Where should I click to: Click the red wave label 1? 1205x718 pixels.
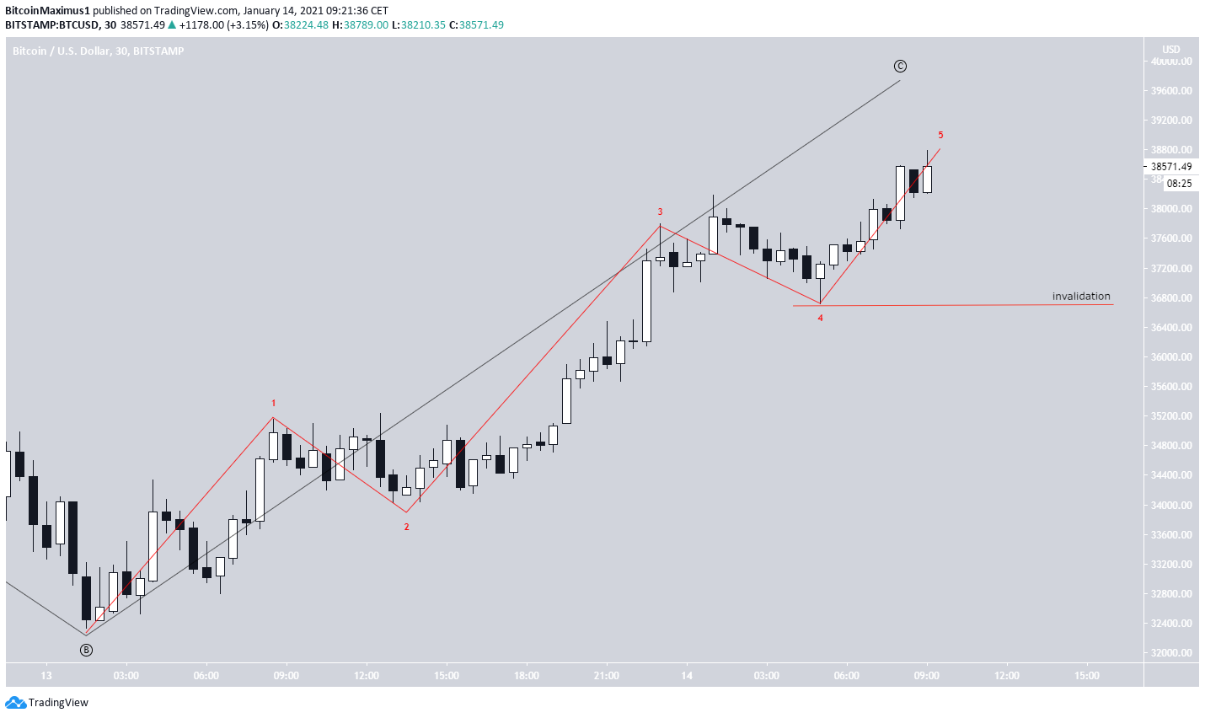273,404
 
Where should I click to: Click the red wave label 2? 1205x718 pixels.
406,528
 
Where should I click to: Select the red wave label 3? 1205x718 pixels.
660,212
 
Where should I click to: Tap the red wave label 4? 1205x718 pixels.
820,319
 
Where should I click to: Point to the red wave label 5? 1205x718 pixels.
940,136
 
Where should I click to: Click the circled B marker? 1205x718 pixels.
86,650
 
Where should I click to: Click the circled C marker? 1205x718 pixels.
900,67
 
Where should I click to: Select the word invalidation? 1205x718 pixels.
1080,297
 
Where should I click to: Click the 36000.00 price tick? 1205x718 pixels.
1171,357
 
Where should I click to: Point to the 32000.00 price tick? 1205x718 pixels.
1171,653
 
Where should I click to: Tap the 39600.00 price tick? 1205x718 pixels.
1171,91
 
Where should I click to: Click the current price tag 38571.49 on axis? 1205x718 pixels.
1171,167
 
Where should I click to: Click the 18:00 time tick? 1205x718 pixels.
527,676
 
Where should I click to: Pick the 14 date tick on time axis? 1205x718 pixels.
687,676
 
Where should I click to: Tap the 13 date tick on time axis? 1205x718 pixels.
46,676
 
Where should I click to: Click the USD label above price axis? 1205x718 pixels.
1171,50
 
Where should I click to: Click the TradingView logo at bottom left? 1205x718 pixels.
47,703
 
